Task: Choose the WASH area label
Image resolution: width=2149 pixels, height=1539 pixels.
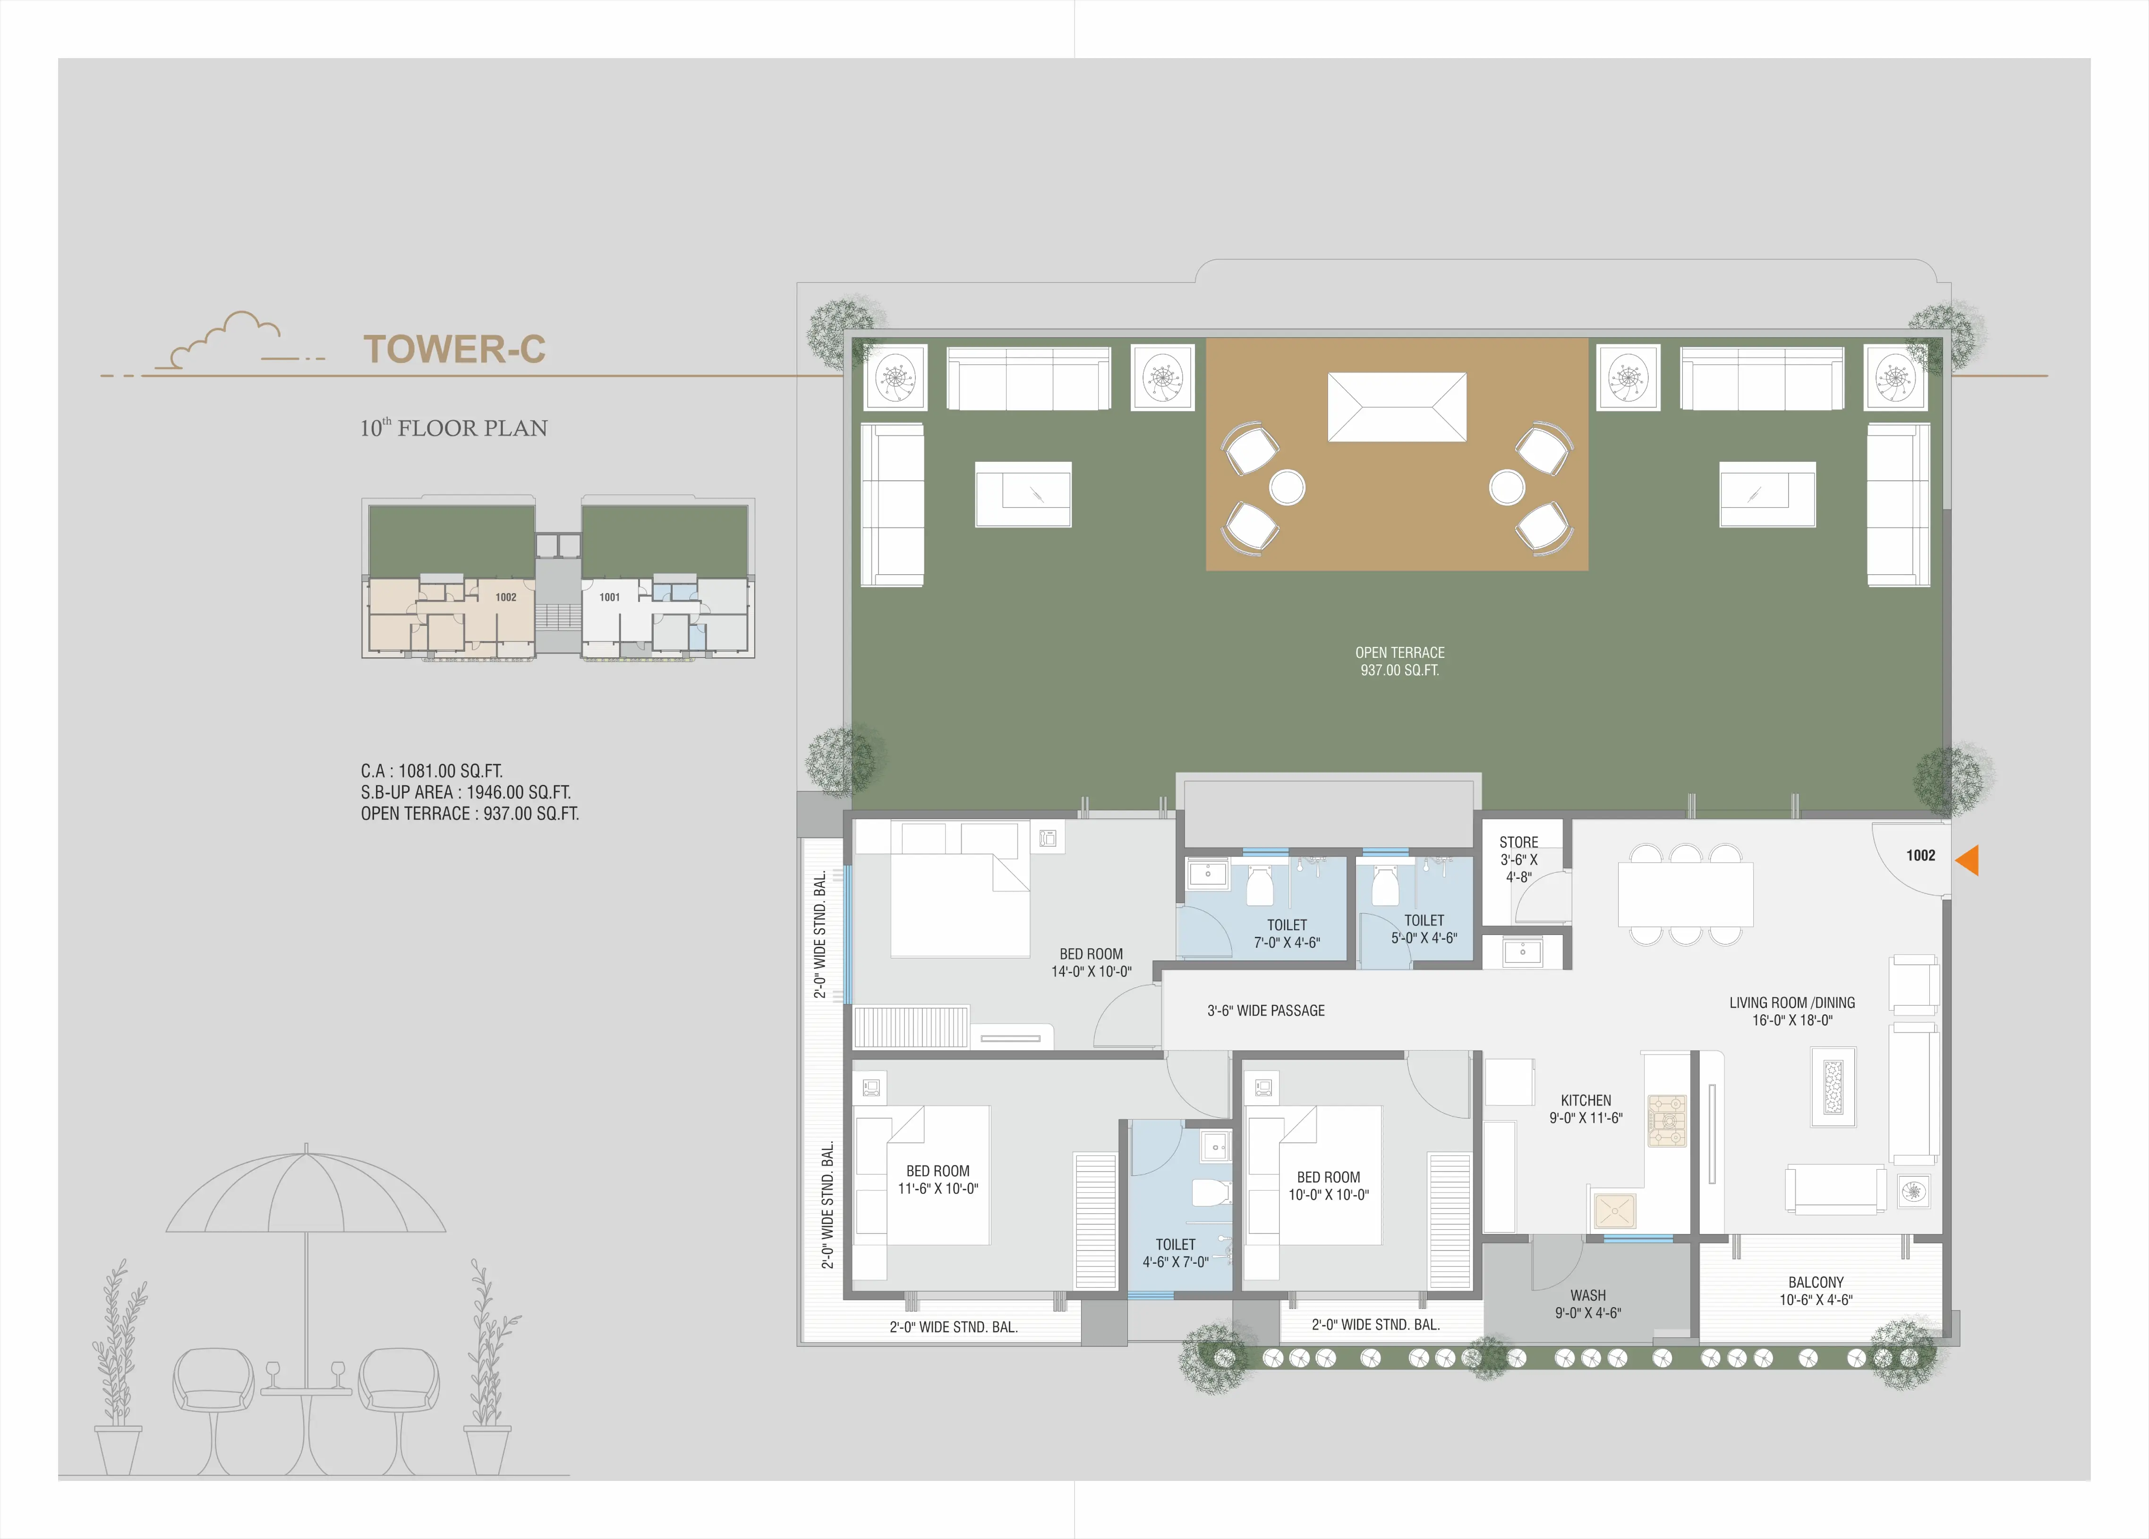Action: pos(1588,1304)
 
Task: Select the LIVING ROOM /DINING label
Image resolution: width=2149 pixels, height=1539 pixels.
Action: pos(1792,1003)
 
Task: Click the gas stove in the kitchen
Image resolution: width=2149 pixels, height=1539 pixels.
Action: pos(1668,1121)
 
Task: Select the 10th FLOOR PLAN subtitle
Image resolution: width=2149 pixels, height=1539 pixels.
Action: pos(454,428)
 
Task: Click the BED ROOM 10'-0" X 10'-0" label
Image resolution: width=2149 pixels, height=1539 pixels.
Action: pos(1329,1185)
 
